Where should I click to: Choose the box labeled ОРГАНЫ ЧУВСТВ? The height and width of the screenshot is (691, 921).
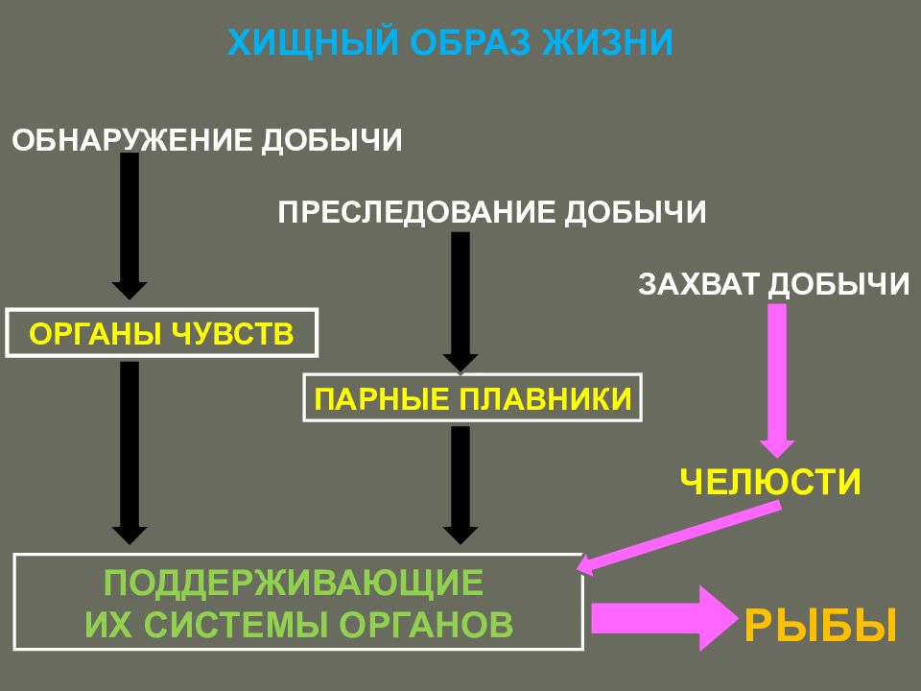click(161, 333)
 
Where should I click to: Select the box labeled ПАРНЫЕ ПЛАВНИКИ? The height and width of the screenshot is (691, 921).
click(472, 397)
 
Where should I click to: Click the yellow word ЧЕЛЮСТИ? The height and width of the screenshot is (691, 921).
click(770, 482)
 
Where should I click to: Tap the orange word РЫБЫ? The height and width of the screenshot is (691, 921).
click(820, 626)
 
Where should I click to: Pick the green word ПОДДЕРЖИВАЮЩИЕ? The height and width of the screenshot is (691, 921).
click(294, 583)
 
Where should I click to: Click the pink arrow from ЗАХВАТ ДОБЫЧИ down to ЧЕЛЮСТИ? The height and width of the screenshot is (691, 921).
click(777, 380)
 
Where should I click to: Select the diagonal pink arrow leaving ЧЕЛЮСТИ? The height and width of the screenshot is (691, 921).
click(679, 537)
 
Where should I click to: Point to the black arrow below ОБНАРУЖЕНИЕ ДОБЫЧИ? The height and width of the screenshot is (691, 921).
click(130, 226)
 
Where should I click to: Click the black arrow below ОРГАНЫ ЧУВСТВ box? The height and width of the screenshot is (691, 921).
click(130, 452)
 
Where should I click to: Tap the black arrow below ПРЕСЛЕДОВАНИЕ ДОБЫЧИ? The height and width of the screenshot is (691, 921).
click(460, 302)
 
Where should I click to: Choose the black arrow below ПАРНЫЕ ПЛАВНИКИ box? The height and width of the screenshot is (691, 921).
click(460, 485)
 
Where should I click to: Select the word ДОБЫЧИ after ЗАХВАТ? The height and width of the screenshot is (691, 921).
click(838, 284)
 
